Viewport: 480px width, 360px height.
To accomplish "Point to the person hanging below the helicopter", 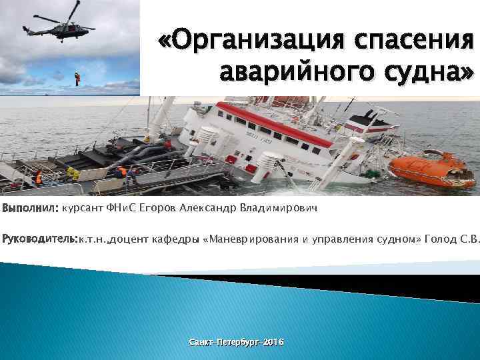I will click(x=77, y=78).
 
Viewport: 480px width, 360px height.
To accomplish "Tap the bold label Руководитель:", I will click(x=41, y=239).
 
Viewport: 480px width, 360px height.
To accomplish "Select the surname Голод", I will click(x=439, y=239).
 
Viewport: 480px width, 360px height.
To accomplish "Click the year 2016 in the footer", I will click(x=273, y=341).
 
